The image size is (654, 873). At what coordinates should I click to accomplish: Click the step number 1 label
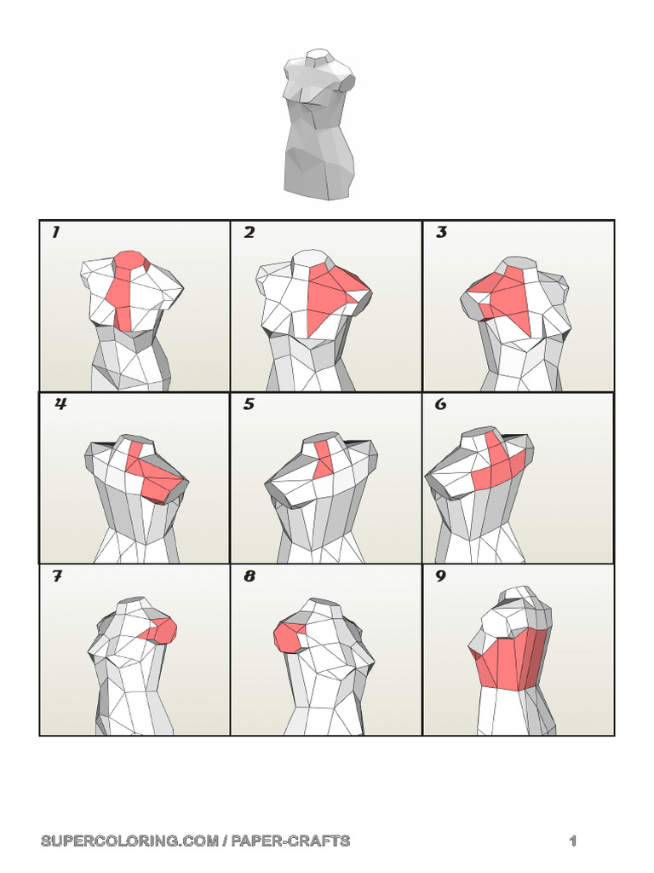(x=56, y=233)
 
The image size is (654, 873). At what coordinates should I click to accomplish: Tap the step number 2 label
(x=249, y=233)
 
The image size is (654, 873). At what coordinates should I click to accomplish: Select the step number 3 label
(x=441, y=233)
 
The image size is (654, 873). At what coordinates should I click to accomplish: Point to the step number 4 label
(x=60, y=404)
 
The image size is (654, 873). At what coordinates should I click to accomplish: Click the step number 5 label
(x=249, y=404)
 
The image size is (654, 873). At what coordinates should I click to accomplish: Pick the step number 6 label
(x=441, y=404)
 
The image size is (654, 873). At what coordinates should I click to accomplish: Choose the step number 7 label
(x=57, y=576)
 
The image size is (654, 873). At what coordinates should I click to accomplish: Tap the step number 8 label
(x=250, y=576)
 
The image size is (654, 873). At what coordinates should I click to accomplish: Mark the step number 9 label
(x=441, y=576)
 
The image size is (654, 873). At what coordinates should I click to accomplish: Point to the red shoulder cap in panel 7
(x=164, y=630)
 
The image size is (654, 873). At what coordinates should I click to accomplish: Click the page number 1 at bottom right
(x=573, y=841)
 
